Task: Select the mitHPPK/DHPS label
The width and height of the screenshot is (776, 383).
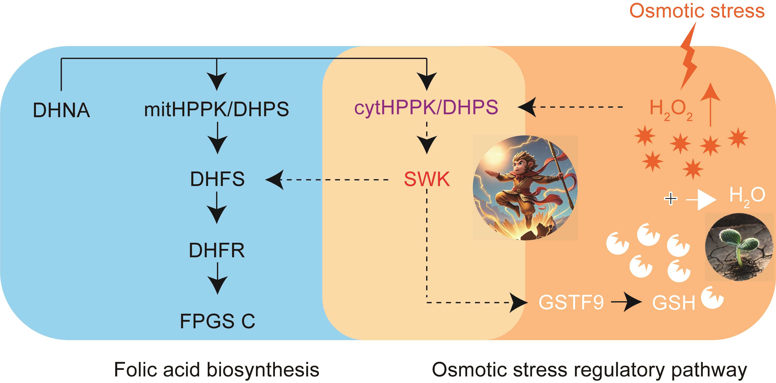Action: click(x=216, y=109)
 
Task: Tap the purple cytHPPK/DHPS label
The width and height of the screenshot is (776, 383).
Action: click(x=426, y=108)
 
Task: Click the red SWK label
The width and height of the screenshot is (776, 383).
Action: click(x=427, y=179)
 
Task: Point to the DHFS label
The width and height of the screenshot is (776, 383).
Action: click(x=217, y=179)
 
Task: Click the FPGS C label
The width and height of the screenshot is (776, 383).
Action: click(x=217, y=321)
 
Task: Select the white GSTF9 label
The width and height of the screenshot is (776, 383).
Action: click(x=571, y=302)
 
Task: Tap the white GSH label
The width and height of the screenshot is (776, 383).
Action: click(x=674, y=303)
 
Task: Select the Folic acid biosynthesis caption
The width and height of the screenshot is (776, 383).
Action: click(x=216, y=369)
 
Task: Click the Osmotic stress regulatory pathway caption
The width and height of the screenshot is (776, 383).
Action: click(x=589, y=369)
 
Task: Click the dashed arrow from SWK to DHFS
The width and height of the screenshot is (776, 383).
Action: click(x=331, y=180)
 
